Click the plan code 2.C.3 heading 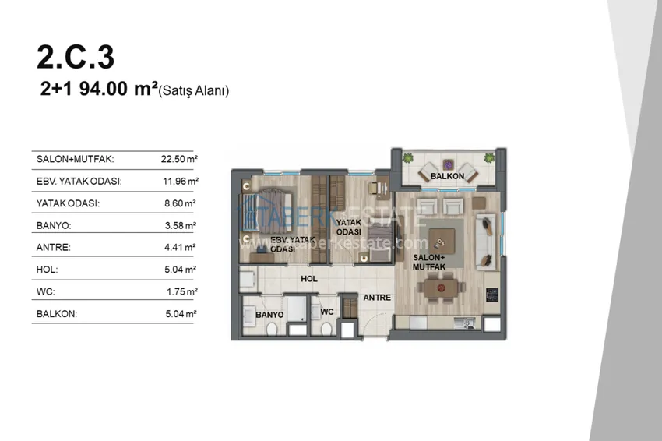coord(76,57)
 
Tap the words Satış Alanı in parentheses coord(194,91)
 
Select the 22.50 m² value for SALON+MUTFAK coord(179,159)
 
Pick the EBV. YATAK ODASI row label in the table coord(79,182)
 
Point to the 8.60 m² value coord(180,203)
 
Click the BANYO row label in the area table coord(54,226)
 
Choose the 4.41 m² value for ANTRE coord(180,248)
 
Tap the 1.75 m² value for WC coord(182,292)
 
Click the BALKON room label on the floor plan coord(447,176)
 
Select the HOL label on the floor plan coord(309,279)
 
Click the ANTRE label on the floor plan coord(377,298)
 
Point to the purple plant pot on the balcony coord(448,164)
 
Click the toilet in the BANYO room coord(272,328)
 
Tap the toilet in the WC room coord(326,329)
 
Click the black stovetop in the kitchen coord(492,295)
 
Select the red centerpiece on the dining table coord(441,288)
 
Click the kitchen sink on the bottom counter coord(464,323)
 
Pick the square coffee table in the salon coord(442,242)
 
